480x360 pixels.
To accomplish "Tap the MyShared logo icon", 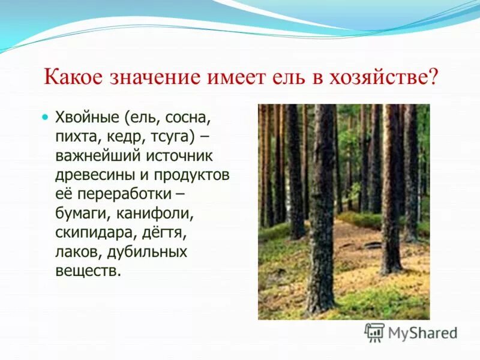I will pos(374,332).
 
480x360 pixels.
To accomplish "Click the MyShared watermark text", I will pos(423,332).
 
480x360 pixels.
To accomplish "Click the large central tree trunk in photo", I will pos(322,210).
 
